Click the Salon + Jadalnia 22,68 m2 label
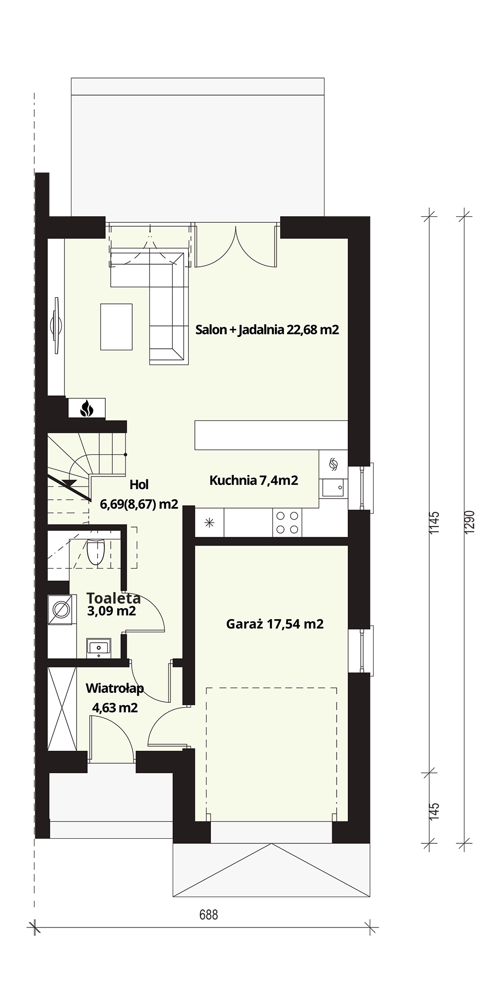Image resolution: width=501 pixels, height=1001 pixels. pos(267,329)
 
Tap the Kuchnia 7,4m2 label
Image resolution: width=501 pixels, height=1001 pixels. pos(254,480)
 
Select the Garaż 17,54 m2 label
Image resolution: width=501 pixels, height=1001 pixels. pos(275,624)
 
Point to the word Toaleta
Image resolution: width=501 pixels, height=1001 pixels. pos(113,598)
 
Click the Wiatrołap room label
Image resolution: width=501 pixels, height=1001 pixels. pos(115,689)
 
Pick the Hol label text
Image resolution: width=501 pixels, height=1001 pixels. pos(139,484)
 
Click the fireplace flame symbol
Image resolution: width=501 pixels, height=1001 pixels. pos(87,408)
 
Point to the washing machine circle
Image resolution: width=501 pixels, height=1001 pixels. pos(62,610)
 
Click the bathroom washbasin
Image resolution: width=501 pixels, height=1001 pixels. pos(99,647)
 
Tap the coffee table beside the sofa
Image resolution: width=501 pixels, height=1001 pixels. pos(117,327)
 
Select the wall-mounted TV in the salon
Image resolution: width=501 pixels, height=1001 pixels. pos(56,326)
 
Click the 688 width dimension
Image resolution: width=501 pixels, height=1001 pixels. pos(209,915)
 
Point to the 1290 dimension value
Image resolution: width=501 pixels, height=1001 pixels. pos(469,523)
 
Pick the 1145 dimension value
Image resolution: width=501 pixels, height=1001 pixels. pos(434,523)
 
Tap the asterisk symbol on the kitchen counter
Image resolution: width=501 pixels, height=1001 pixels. pos(209,524)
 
